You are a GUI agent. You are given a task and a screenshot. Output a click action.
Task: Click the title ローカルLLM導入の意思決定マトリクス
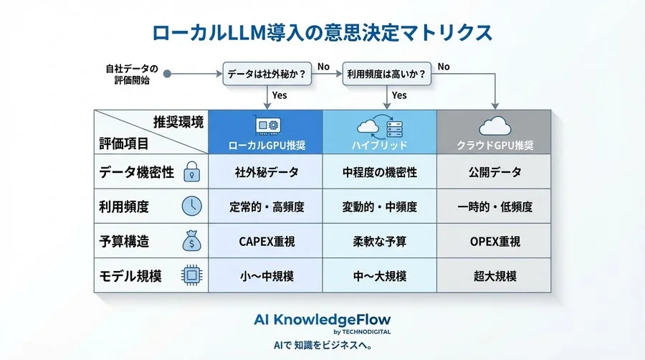[x=322, y=32]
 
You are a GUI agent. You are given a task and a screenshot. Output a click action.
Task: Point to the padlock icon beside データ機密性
[x=191, y=171]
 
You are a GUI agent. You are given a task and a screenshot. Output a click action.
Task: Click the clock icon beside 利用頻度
[x=191, y=207]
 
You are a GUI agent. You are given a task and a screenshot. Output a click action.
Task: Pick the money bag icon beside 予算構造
[x=191, y=241]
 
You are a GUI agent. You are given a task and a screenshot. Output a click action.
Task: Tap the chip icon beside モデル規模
[x=191, y=275]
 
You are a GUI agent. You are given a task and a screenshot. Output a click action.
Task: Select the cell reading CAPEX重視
[x=266, y=242]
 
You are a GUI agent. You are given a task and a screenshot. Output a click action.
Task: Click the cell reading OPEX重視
[x=494, y=242]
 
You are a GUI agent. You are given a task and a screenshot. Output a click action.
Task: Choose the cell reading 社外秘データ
[x=266, y=172]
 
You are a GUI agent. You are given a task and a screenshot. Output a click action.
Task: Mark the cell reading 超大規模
[x=494, y=276]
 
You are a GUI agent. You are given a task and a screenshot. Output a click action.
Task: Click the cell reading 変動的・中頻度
[x=380, y=207]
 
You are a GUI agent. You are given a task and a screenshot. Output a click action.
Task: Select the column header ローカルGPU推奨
[x=266, y=145]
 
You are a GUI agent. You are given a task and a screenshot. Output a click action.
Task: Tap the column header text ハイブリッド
[x=380, y=145]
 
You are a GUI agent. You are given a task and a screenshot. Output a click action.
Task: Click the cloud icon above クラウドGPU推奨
[x=494, y=126]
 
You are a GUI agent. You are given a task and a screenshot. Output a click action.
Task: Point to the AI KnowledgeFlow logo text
[x=322, y=318]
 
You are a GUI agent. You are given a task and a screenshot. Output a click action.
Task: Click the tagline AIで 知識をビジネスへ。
[x=322, y=345]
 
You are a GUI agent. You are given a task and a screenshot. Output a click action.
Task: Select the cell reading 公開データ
[x=494, y=172]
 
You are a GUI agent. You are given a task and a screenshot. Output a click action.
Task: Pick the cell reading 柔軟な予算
[x=380, y=242]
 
